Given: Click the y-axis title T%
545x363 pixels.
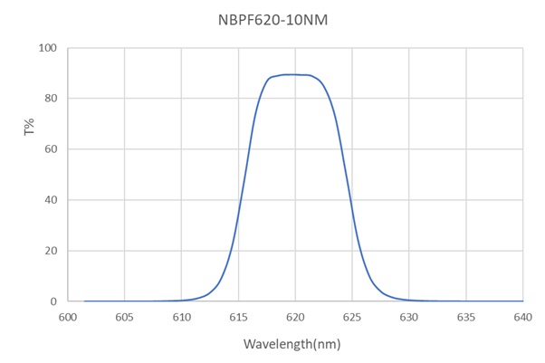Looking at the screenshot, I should (30, 129).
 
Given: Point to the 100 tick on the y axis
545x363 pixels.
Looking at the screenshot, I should (47, 48).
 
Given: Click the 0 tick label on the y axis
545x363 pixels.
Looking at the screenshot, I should (53, 301).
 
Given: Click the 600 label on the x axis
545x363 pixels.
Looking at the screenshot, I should (68, 317).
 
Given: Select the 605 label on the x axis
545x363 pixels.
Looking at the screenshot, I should (125, 317).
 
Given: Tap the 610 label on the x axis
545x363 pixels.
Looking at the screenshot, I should (182, 317).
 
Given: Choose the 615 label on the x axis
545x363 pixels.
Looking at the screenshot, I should (238, 317).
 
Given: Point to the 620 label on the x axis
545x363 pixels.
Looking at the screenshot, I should (295, 317).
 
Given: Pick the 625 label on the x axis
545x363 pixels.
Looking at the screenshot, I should (352, 317).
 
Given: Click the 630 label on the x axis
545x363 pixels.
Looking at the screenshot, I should (409, 317).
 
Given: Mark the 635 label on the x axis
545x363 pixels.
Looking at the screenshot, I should (466, 317).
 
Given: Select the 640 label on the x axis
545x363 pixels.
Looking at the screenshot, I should (522, 317).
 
